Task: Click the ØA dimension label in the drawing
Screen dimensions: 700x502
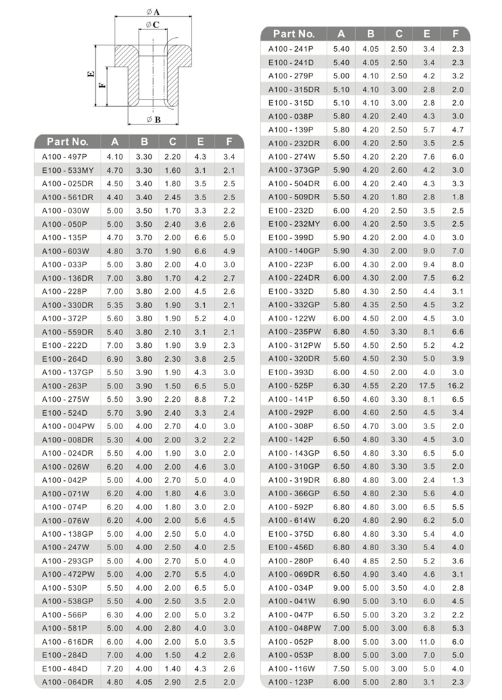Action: (x=154, y=12)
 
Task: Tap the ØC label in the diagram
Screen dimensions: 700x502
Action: (x=153, y=25)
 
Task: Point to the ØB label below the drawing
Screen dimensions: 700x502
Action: (x=154, y=119)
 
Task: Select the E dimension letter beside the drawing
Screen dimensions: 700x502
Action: (x=91, y=74)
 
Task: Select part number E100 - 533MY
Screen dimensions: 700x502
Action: (x=66, y=170)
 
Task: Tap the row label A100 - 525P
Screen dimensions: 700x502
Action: (x=291, y=385)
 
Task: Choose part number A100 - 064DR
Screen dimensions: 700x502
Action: (x=66, y=681)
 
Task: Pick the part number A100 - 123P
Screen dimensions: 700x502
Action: (x=291, y=681)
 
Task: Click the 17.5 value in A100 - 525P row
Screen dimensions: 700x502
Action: (x=427, y=385)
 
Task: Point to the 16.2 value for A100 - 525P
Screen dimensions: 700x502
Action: (x=457, y=385)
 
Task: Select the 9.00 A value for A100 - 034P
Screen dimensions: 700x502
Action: (x=341, y=587)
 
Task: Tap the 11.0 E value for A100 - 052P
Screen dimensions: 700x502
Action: (x=427, y=641)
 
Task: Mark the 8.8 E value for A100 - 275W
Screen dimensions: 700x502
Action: (x=201, y=399)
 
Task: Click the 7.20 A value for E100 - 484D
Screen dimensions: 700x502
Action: (x=115, y=668)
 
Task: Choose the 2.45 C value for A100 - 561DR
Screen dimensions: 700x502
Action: (x=172, y=197)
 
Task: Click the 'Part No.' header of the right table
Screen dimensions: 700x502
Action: (x=294, y=33)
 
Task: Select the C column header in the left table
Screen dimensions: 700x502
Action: (x=172, y=141)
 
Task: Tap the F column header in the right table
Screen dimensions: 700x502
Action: (x=456, y=33)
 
